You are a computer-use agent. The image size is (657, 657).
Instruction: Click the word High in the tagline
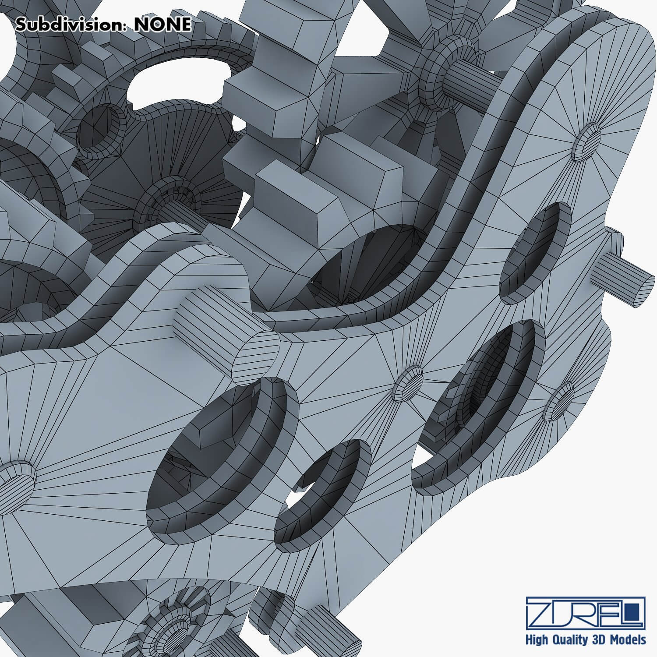(537, 640)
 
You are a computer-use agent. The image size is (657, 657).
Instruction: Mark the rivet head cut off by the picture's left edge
(15, 480)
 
